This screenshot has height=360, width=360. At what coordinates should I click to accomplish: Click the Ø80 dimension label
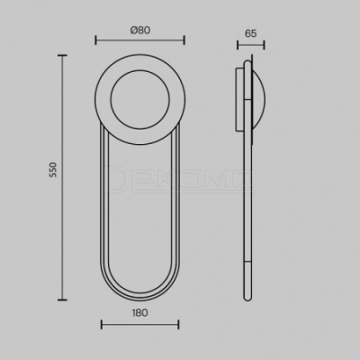140,30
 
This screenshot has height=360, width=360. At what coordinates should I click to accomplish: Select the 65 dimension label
251,33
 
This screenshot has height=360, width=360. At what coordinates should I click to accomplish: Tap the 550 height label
53,169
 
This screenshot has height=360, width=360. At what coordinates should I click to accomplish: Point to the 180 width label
139,313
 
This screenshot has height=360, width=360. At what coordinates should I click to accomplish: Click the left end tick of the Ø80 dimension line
95,40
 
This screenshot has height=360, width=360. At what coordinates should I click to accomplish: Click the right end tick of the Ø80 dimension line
184,40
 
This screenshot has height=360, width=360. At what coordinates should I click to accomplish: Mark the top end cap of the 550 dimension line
62,56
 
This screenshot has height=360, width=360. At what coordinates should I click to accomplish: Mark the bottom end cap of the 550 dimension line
62,300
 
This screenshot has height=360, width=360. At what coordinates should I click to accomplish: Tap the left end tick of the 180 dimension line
102,325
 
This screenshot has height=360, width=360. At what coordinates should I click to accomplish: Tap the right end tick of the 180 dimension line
178,325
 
